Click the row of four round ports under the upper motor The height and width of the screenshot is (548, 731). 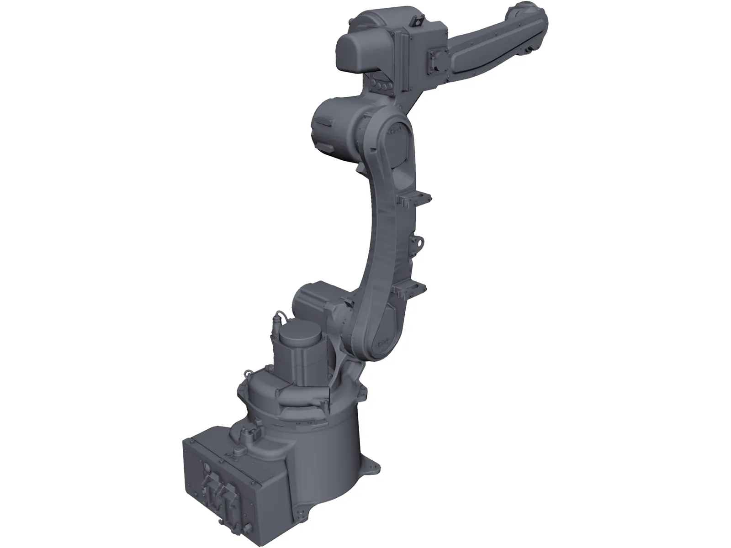(x=383, y=85)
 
